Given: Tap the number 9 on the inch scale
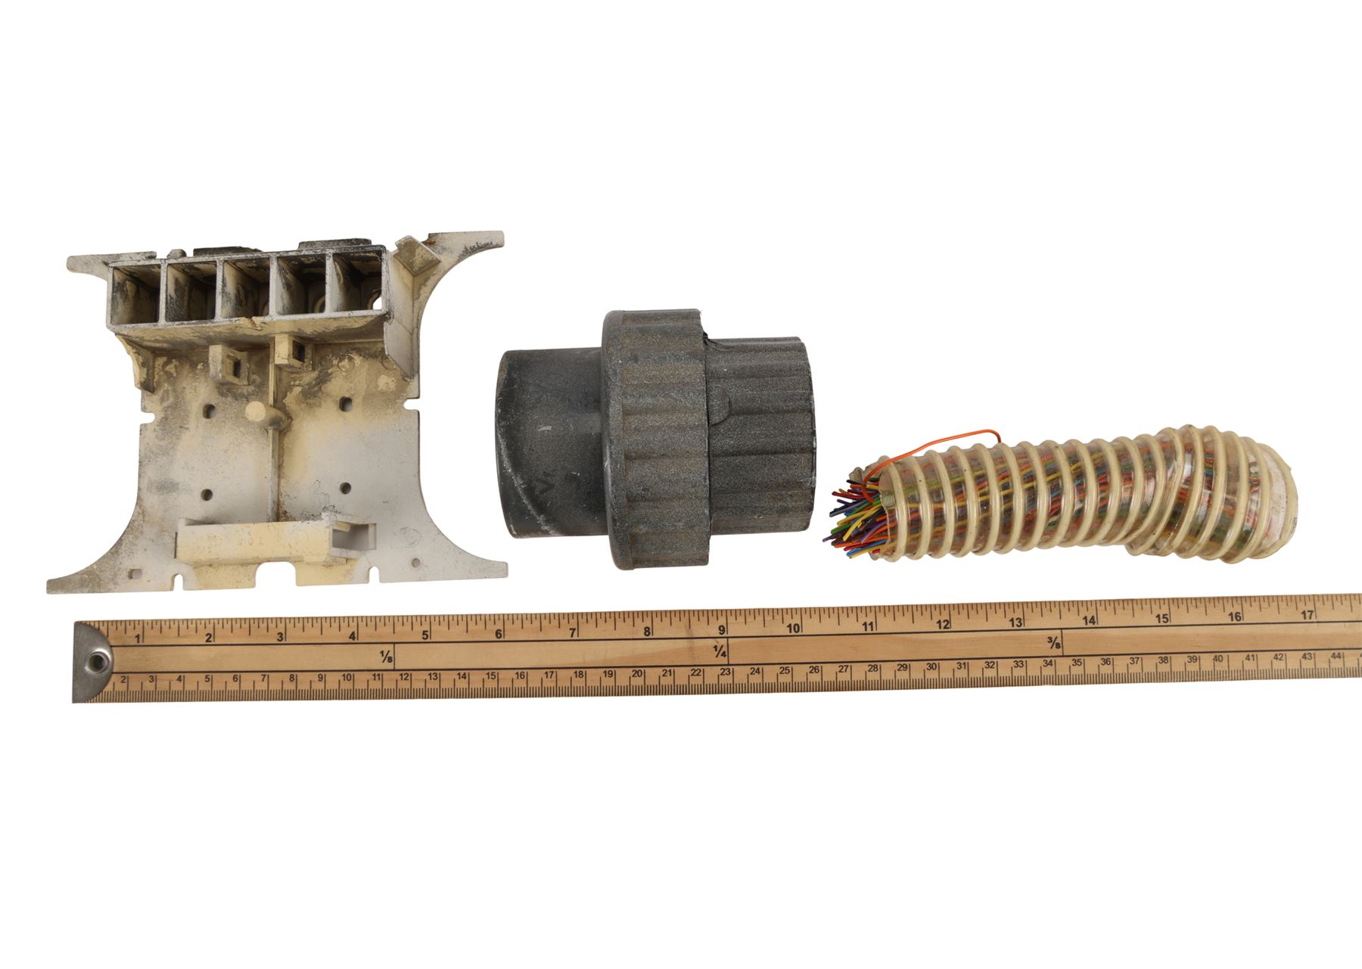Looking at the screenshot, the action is [722, 630].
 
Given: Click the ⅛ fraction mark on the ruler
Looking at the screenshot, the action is [387, 655].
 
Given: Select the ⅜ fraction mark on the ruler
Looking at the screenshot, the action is [1053, 644].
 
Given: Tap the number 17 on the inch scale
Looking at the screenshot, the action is [1306, 615].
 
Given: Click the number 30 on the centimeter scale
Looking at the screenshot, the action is [931, 666].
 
